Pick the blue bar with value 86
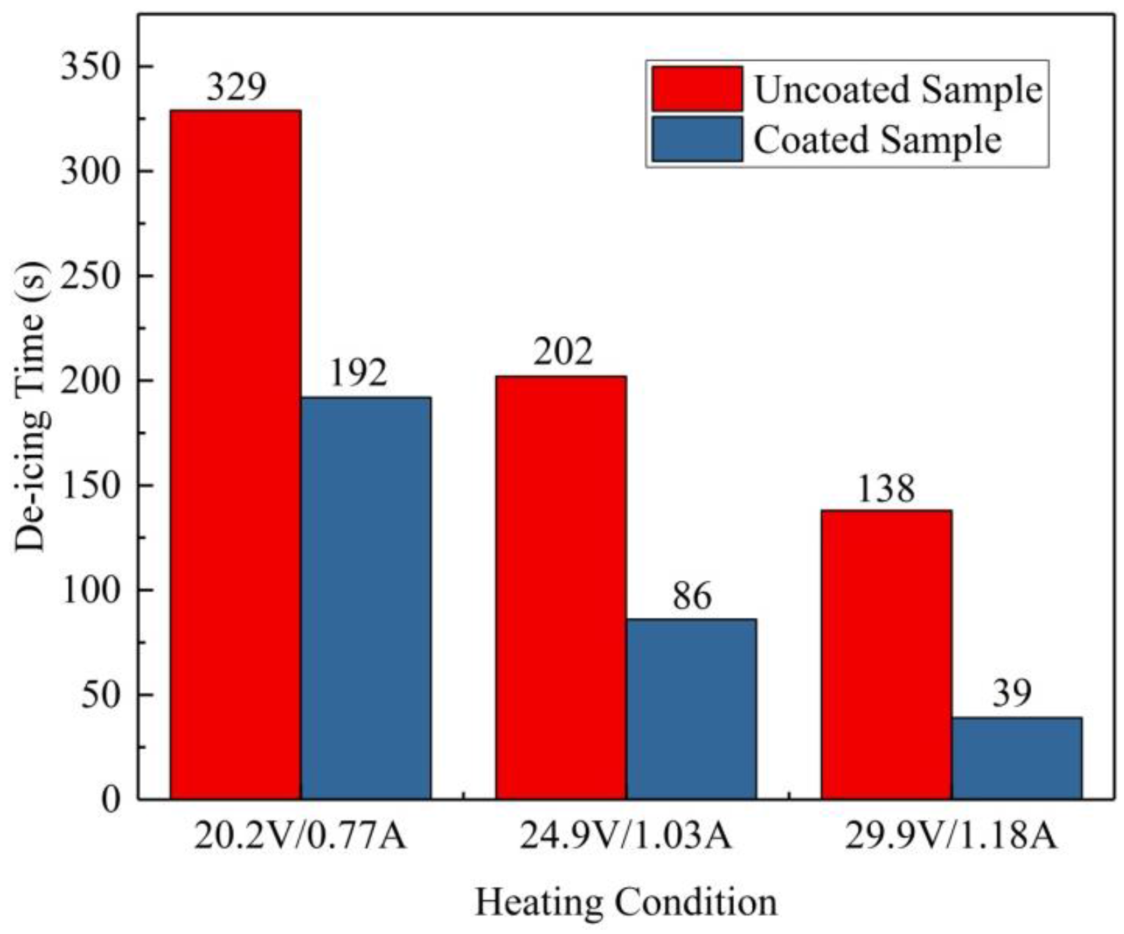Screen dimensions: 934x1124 click(x=691, y=708)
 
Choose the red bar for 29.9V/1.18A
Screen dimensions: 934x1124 click(x=886, y=654)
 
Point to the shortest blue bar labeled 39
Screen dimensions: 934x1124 click(x=1016, y=758)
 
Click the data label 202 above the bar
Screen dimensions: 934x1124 click(x=562, y=352)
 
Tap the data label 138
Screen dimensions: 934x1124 click(x=886, y=489)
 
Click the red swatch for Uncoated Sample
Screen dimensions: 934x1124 click(x=696, y=89)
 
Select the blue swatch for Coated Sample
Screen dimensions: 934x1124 click(x=696, y=139)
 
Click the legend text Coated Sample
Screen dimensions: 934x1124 click(x=877, y=139)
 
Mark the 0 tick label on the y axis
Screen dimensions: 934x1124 click(x=111, y=800)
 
